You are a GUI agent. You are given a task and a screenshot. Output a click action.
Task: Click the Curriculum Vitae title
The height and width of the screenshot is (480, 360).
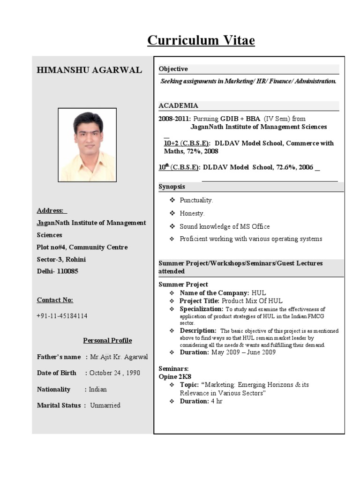(x=201, y=41)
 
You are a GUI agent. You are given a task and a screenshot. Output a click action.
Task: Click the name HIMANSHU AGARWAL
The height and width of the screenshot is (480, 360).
(x=89, y=70)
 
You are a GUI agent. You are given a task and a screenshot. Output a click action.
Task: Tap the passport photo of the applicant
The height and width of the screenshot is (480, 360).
(x=87, y=145)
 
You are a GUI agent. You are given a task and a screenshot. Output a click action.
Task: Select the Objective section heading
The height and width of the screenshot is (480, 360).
(x=173, y=69)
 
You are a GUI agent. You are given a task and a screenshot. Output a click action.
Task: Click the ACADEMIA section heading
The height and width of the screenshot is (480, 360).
(x=178, y=105)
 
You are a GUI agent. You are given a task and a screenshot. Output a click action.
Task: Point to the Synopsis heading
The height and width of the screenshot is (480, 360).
(x=172, y=187)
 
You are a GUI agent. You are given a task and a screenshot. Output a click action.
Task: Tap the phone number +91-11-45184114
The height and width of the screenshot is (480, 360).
(x=62, y=316)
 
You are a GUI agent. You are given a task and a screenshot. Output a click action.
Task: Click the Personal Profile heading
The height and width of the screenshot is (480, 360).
(x=107, y=340)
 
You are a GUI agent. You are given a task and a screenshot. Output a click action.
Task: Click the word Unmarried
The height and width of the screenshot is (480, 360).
(x=105, y=405)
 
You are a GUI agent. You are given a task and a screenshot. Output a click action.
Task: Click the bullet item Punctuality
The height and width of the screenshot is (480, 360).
(x=196, y=200)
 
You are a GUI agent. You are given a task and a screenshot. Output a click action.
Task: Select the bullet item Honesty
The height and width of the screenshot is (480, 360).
(x=192, y=213)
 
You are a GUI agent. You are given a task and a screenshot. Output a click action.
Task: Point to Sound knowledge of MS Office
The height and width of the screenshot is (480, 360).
(x=225, y=226)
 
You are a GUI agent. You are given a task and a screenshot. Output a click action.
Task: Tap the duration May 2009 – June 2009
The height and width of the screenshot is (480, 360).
(x=243, y=352)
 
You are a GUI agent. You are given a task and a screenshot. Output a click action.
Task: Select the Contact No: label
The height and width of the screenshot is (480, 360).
(x=55, y=300)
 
